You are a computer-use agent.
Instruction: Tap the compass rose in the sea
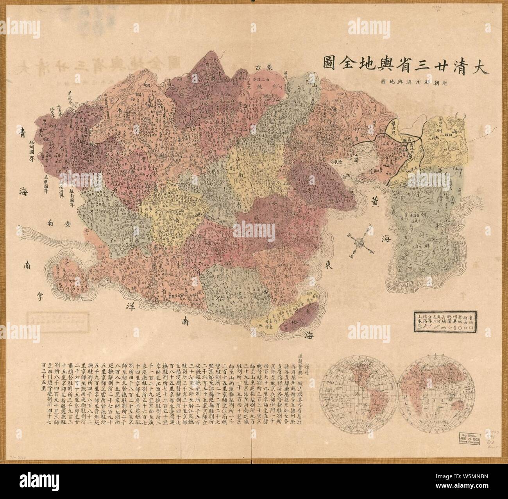point(359,245)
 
